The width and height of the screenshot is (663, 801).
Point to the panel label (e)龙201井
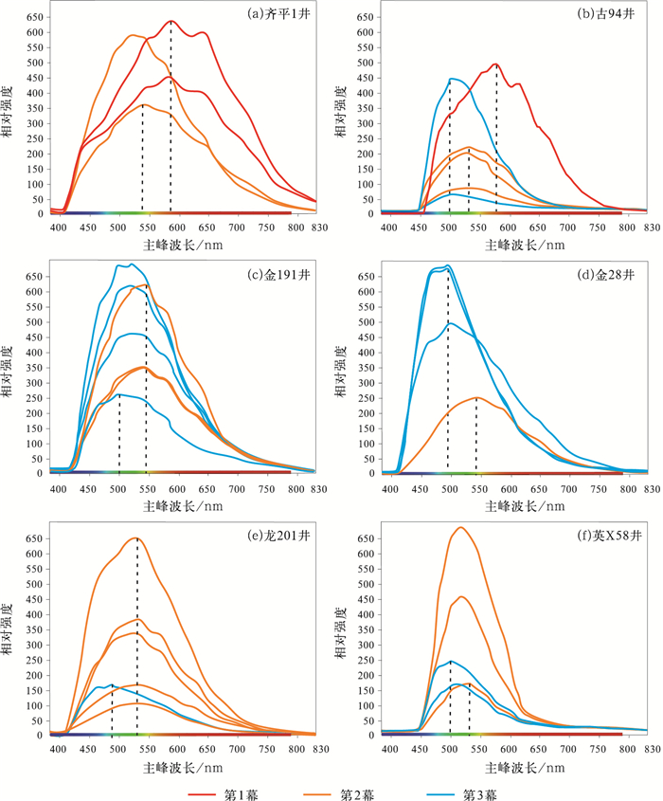[x=277, y=536]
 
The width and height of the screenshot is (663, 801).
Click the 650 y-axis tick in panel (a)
[x=32, y=18]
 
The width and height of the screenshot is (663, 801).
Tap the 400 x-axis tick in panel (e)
[x=59, y=748]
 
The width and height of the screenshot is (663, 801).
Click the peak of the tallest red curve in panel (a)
[x=171, y=20]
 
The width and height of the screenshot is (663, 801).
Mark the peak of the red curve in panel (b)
[x=495, y=64]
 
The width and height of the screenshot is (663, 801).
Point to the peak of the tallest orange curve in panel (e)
[x=136, y=538]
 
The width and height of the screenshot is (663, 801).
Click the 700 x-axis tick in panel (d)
[x=569, y=487]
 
